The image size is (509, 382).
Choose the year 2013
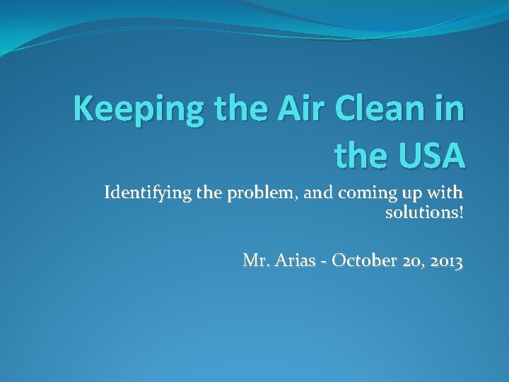click(445, 261)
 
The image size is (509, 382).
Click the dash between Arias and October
click(322, 262)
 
